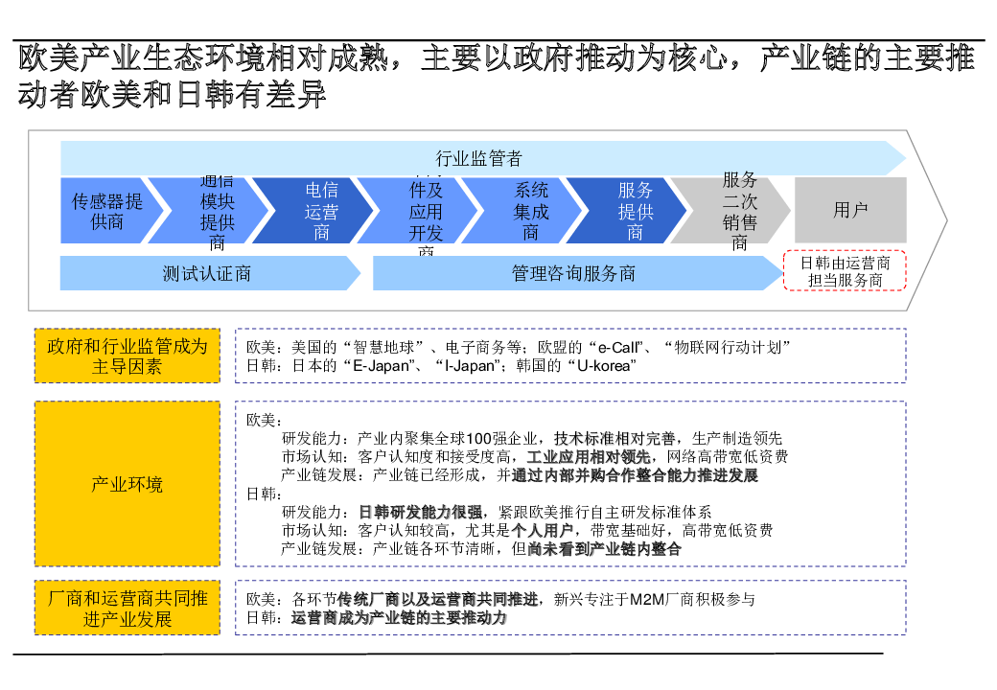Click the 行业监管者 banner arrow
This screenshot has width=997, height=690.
(479, 158)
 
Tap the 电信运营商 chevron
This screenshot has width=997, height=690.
(321, 211)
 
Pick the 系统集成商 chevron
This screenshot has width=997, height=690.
(530, 211)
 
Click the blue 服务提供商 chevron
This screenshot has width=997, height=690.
(635, 211)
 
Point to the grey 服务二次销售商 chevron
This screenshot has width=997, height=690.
(738, 211)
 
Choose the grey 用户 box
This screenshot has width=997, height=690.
(850, 211)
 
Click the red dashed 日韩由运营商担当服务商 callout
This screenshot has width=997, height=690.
(845, 271)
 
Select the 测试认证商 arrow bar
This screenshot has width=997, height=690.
(206, 273)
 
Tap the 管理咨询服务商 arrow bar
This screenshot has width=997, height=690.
(573, 273)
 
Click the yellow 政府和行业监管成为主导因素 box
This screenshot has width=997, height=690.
(128, 356)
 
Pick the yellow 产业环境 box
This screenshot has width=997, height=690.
(128, 484)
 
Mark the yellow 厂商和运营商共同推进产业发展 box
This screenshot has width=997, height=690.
(128, 608)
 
